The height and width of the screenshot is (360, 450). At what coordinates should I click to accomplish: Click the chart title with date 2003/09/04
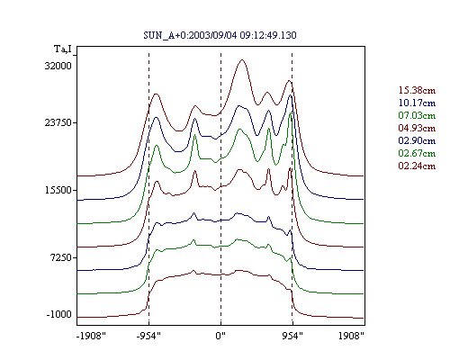[x=220, y=35]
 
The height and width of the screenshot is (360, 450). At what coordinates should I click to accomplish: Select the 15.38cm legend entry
[x=417, y=90]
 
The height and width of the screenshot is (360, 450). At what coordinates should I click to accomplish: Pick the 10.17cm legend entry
[x=417, y=103]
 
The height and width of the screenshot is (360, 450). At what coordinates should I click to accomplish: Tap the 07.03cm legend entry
[x=417, y=115]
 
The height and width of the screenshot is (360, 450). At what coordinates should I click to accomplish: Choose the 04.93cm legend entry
[x=417, y=128]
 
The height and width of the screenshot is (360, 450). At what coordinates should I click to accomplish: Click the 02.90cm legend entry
[x=417, y=140]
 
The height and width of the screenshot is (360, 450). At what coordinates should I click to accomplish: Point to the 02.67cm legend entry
[x=417, y=153]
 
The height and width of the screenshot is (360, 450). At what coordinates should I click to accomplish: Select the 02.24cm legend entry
[x=417, y=166]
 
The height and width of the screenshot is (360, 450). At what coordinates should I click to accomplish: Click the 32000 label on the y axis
[x=58, y=66]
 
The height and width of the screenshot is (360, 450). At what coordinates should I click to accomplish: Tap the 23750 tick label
[x=58, y=122]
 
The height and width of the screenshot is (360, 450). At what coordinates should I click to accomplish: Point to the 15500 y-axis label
[x=58, y=190]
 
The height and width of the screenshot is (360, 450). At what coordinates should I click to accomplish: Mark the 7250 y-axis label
[x=60, y=257]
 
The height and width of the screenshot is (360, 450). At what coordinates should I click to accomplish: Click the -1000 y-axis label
[x=59, y=314]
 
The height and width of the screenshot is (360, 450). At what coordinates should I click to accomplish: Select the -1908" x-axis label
[x=91, y=336]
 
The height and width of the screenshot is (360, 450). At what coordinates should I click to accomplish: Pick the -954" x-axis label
[x=148, y=336]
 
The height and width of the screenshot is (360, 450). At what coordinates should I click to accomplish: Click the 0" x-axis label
[x=220, y=336]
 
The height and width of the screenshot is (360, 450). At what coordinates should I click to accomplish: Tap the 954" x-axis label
[x=292, y=336]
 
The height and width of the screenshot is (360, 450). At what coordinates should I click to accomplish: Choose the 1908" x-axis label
[x=351, y=336]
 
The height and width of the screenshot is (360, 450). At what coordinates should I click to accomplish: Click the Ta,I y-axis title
[x=63, y=49]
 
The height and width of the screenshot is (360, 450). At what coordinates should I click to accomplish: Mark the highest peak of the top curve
[x=242, y=59]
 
